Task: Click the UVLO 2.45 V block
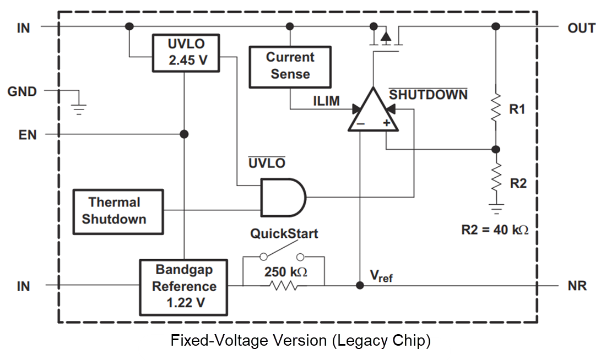(x=185, y=52)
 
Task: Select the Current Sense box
(x=290, y=66)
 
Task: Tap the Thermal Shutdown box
(x=118, y=211)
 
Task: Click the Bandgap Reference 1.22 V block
(x=184, y=286)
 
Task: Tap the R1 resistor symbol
(x=496, y=108)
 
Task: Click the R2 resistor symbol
(x=496, y=177)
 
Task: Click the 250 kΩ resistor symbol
(x=283, y=285)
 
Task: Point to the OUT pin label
(x=581, y=28)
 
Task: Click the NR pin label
(x=577, y=286)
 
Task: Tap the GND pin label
(x=22, y=91)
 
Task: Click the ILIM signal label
(x=326, y=101)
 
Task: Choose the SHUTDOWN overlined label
(x=428, y=95)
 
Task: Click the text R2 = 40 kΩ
(x=494, y=230)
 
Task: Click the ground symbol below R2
(x=496, y=209)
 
